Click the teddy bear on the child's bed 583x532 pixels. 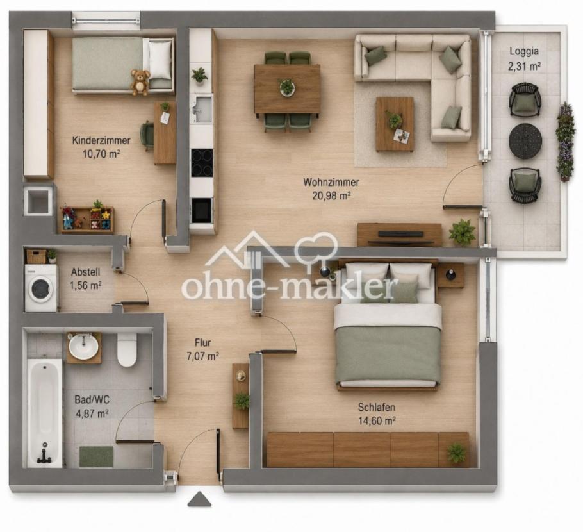click(x=140, y=82)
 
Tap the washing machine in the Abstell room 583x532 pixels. click(x=41, y=288)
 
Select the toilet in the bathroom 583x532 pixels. click(x=127, y=349)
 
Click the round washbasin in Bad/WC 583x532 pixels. click(x=84, y=347)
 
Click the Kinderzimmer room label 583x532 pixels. click(x=101, y=140)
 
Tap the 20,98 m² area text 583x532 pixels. click(x=331, y=195)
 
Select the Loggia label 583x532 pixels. click(x=524, y=51)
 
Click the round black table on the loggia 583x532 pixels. click(x=525, y=140)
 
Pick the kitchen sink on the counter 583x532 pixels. click(x=202, y=108)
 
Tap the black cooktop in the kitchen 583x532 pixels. click(x=202, y=163)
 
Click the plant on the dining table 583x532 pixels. click(x=286, y=87)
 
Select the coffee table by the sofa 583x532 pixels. click(x=395, y=124)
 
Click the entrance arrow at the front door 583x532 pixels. click(x=200, y=499)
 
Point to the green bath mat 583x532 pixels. click(x=96, y=457)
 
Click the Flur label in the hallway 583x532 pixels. click(x=202, y=343)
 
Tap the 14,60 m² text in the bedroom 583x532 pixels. click(x=377, y=420)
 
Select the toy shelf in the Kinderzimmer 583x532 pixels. click(x=87, y=220)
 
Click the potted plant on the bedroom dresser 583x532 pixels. click(x=456, y=453)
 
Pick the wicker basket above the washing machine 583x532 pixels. click(x=37, y=256)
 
